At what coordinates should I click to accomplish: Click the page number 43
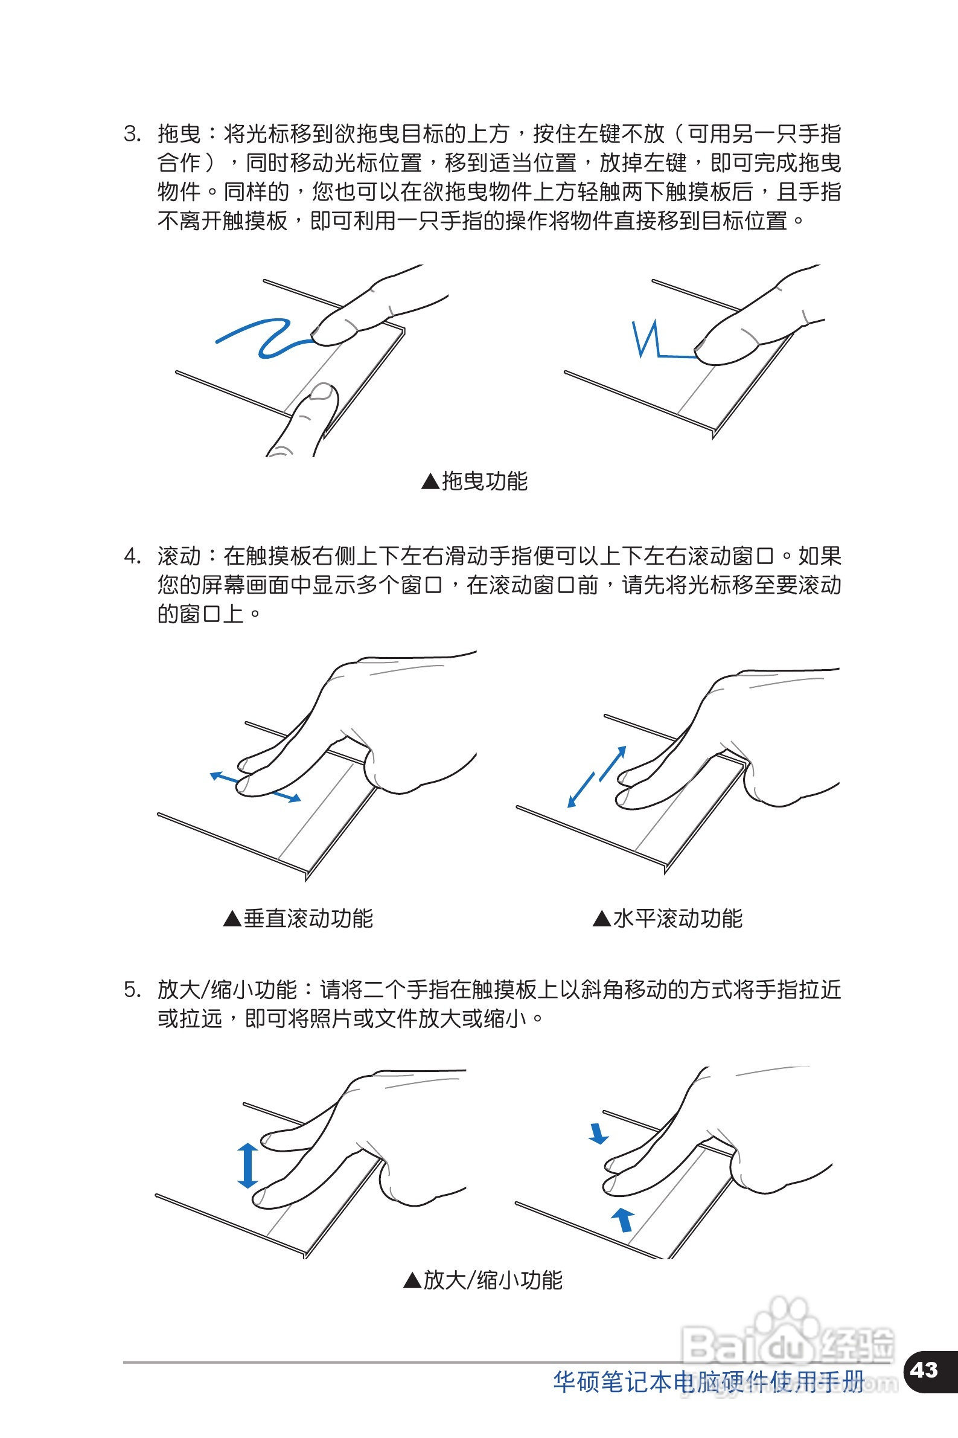pos(923,1370)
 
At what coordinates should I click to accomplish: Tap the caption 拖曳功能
pos(485,481)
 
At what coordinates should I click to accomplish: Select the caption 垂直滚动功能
pos(308,918)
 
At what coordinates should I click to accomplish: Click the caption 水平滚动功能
pos(677,918)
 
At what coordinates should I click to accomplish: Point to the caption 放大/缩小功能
pos(493,1280)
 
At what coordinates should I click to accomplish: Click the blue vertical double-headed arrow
pos(247,1166)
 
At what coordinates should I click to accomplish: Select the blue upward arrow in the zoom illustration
pos(622,1220)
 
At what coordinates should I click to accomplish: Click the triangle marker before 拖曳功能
pos(430,481)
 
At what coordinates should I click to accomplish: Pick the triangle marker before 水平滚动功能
pos(602,919)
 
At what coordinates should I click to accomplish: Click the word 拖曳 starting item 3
pos(179,133)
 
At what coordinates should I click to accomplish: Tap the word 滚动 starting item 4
pos(179,556)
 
